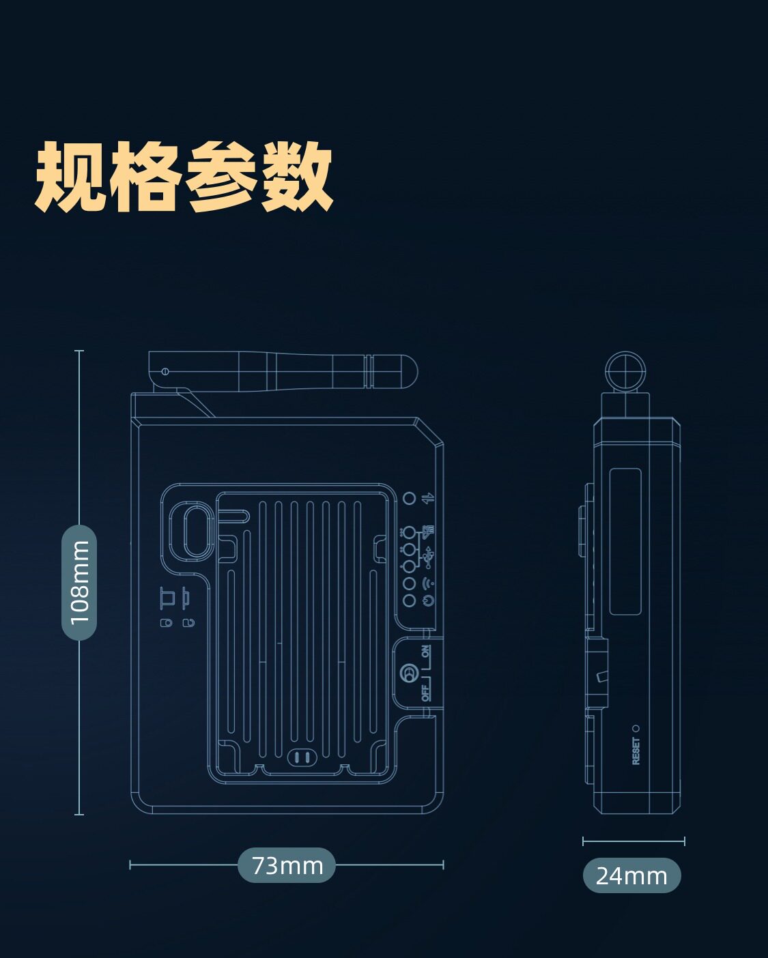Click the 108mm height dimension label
[x=79, y=582]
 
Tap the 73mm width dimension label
[x=287, y=865]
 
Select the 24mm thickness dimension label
[x=631, y=875]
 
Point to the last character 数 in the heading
[x=297, y=177]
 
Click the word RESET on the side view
[x=636, y=751]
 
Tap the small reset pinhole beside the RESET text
[x=636, y=729]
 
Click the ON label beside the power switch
[x=426, y=652]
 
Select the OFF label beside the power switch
[x=426, y=693]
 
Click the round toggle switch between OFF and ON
[x=410, y=673]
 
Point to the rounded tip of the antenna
[x=407, y=371]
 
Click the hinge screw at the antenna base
[x=165, y=371]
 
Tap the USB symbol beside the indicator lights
[x=428, y=557]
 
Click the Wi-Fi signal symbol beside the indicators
[x=428, y=583]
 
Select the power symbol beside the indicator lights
[x=428, y=600]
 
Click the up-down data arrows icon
[x=428, y=499]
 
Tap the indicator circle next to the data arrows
[x=409, y=499]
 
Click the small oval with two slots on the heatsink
[x=302, y=757]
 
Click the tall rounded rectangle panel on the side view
[x=625, y=541]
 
